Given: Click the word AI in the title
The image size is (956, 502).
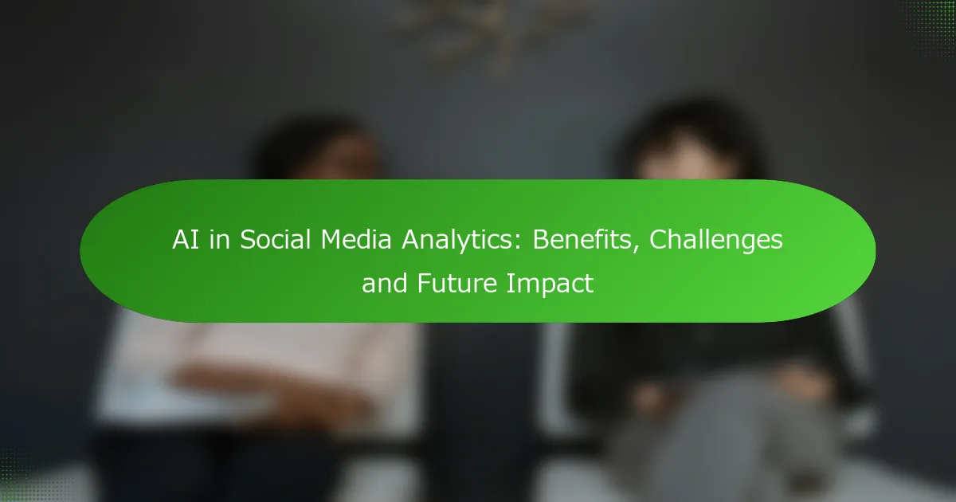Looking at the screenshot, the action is click(186, 240).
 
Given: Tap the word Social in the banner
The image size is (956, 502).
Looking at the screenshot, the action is click(276, 240).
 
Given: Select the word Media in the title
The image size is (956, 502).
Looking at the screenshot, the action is click(356, 240).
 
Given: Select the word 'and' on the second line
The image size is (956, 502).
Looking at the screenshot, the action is click(385, 283).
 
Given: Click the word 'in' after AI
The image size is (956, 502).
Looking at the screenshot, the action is click(219, 240).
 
